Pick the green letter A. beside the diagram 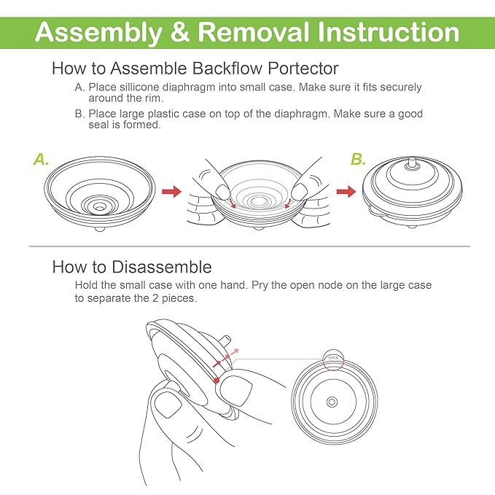[42, 159]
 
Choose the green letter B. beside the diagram [358, 159]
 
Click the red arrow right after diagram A [171, 192]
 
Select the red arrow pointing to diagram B [346, 192]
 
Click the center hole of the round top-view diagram [332, 401]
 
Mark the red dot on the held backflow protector [217, 380]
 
